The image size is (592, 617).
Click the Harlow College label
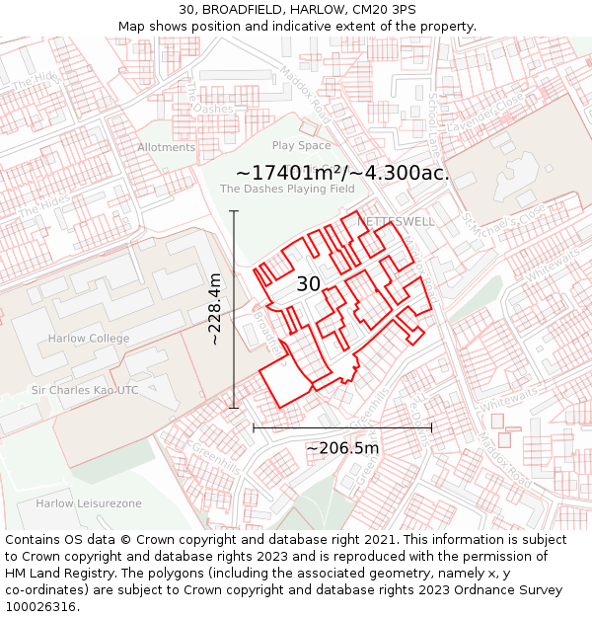pos(89,339)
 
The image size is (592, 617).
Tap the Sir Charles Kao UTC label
pos(85,390)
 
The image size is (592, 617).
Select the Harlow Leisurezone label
pos(89,503)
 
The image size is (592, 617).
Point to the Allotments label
pos(167,148)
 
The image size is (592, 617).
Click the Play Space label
pos(302,146)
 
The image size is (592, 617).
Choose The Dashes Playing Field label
pos(287,189)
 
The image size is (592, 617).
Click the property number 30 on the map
pos(309,284)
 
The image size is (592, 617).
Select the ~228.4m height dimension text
pos(215,309)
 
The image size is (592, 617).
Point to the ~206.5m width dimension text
pos(342,448)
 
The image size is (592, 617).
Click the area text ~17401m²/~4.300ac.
pos(342,172)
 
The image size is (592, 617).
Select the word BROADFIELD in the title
pos(235,10)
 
